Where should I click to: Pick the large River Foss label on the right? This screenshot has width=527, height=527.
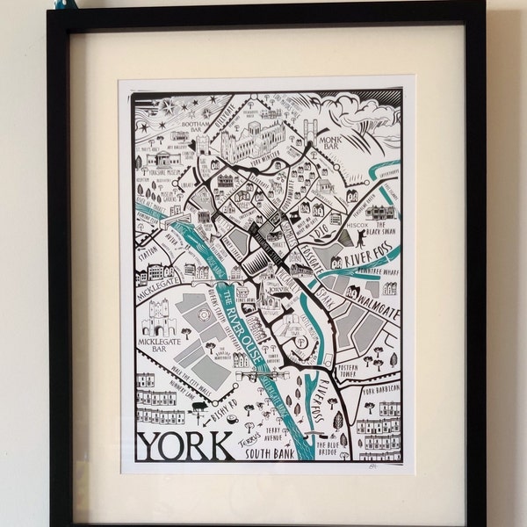370,256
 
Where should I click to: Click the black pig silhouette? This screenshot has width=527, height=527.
201,406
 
